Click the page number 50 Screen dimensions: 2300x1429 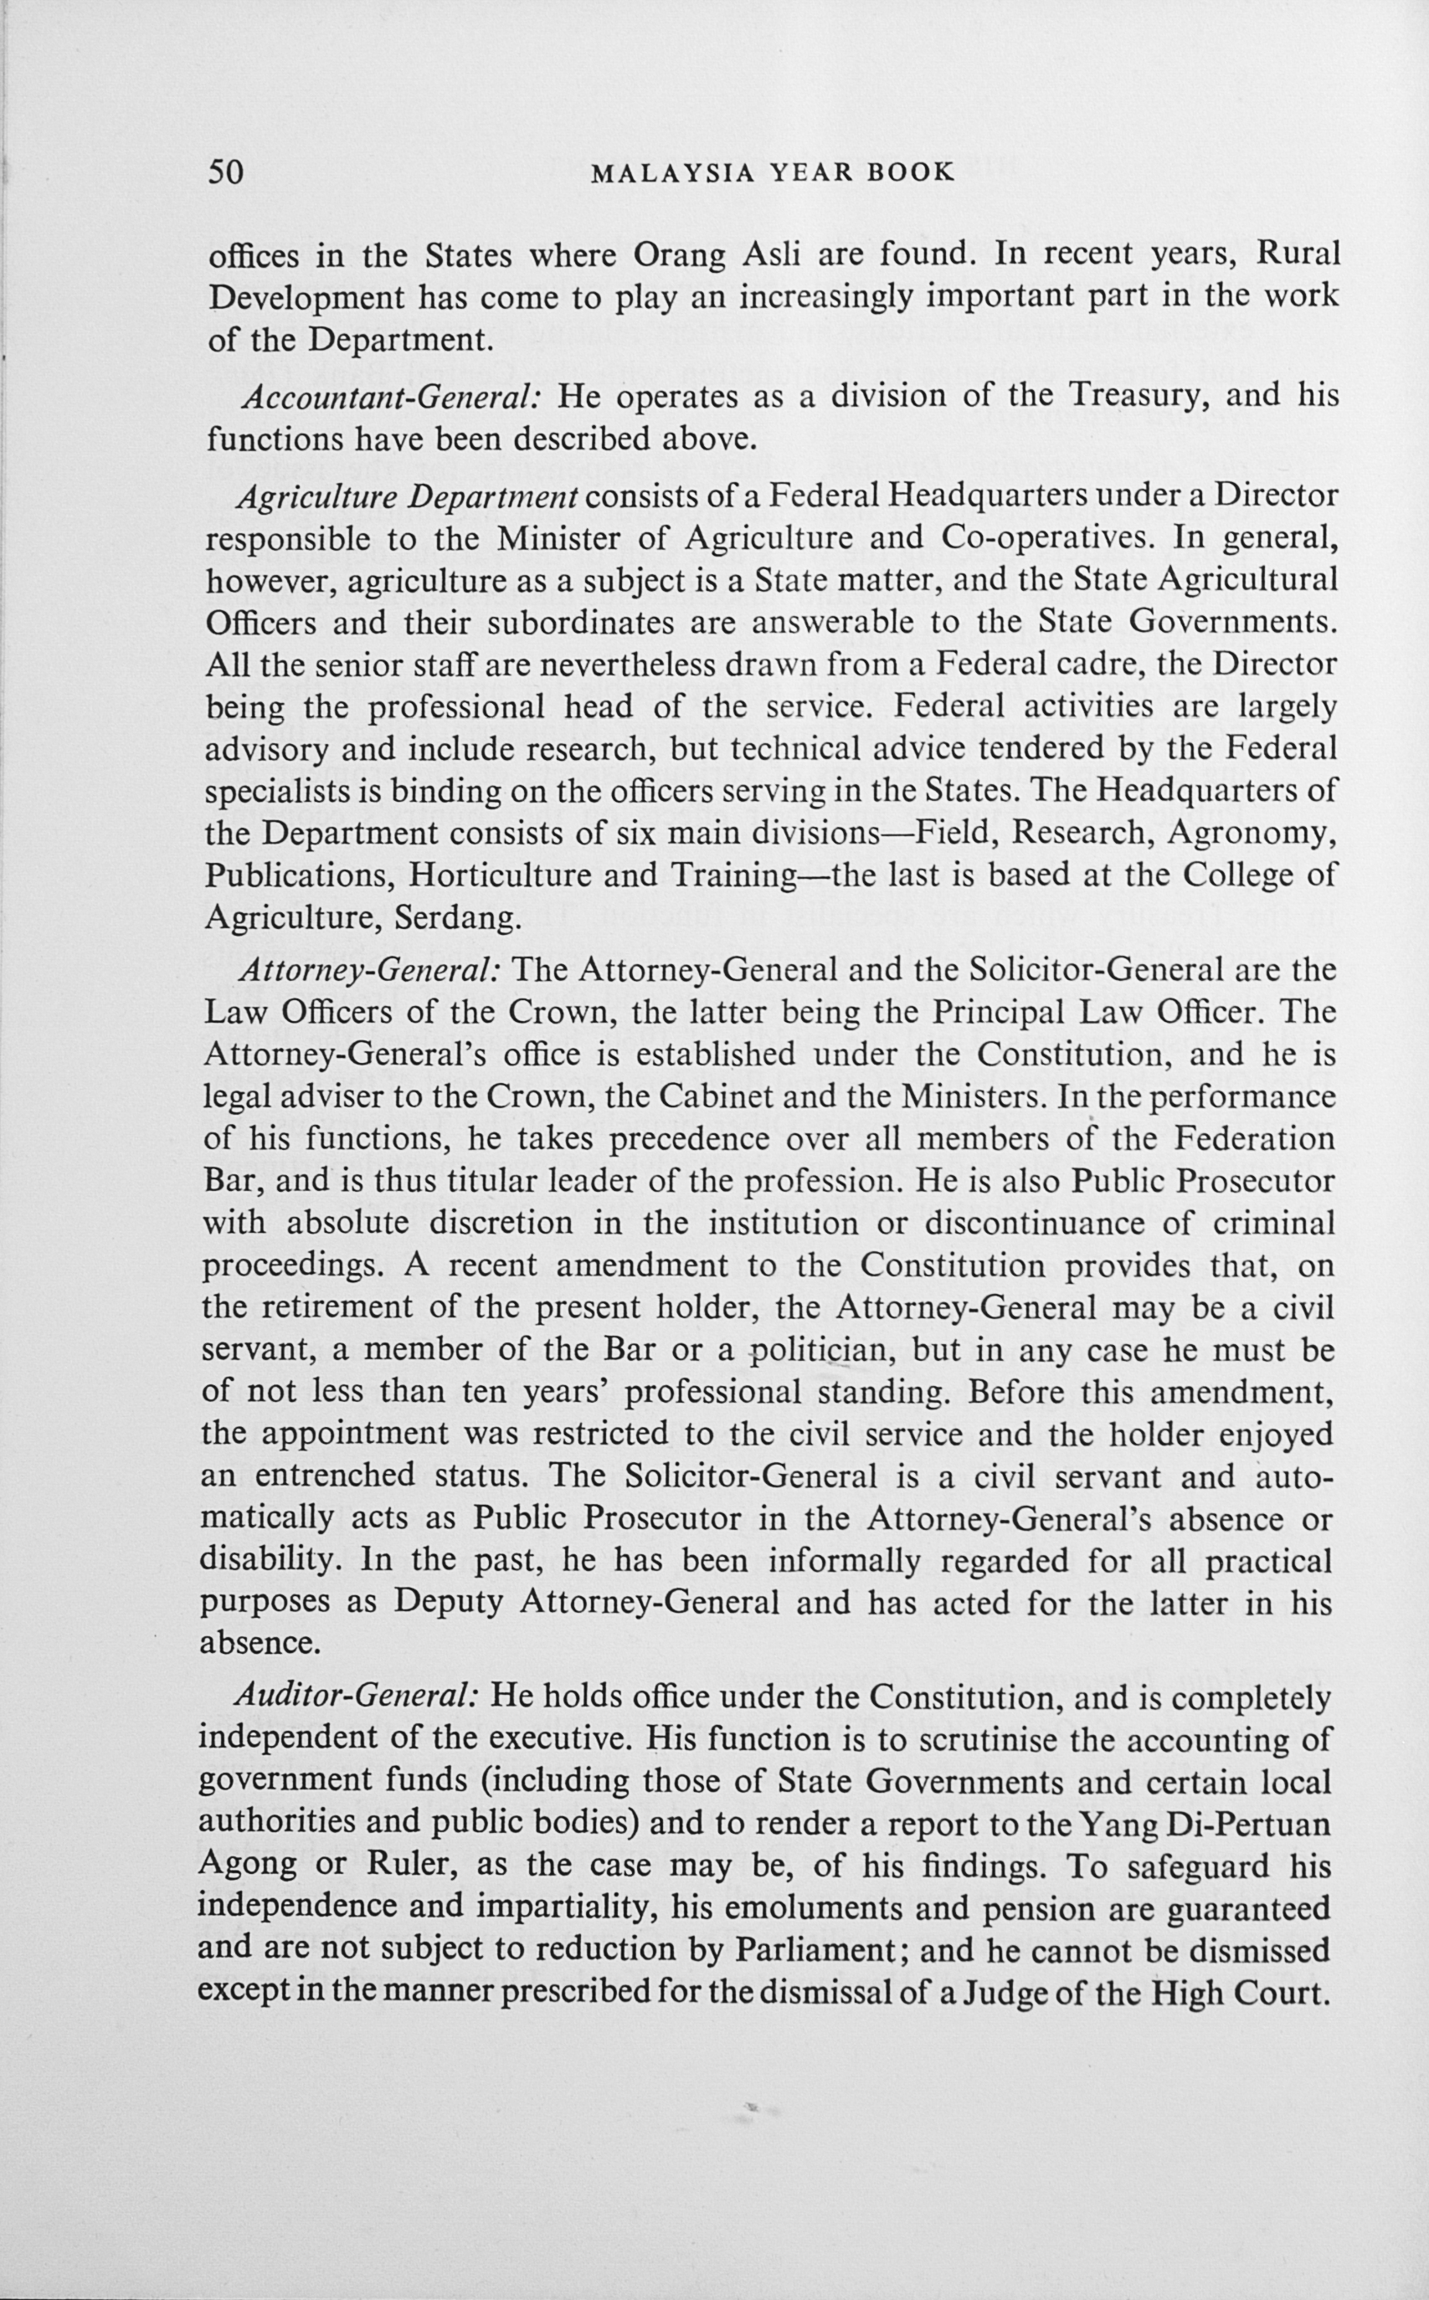[226, 172]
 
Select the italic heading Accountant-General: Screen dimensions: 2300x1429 [390, 396]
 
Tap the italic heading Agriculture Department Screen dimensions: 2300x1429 [408, 496]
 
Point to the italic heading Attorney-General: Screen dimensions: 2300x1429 [369, 970]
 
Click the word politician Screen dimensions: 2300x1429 [820, 1350]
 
